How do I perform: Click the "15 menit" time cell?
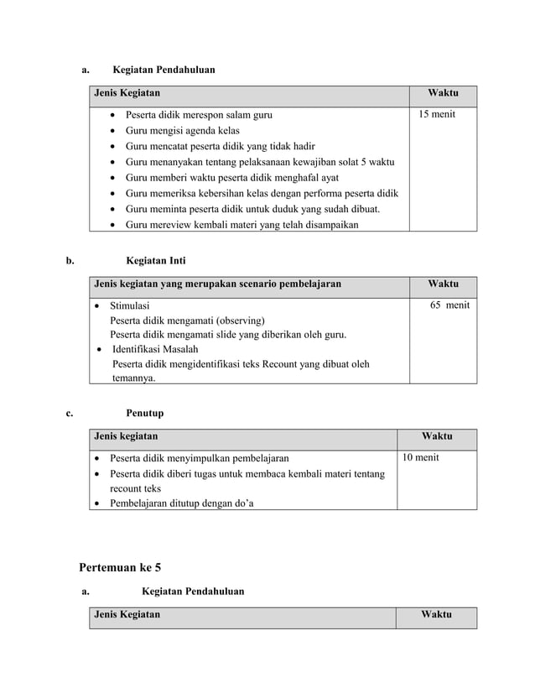point(437,114)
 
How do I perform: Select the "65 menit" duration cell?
point(449,305)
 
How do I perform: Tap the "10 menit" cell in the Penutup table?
point(420,457)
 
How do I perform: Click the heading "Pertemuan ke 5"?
point(120,568)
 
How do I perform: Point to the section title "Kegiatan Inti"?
point(156,261)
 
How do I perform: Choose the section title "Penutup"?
point(144,413)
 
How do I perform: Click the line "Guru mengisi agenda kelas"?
point(182,131)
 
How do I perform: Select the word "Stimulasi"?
point(130,306)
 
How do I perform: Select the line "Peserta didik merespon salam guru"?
point(199,115)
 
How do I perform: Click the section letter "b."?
point(71,261)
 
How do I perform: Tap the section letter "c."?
point(70,413)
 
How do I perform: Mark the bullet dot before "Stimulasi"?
point(97,306)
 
